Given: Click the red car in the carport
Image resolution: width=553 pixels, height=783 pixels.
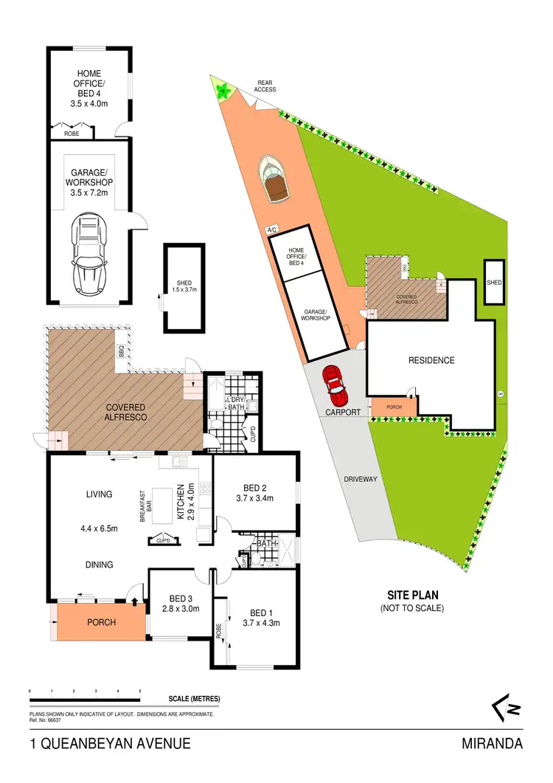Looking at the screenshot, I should (x=334, y=382).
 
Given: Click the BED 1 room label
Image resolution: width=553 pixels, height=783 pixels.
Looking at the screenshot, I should (x=258, y=613).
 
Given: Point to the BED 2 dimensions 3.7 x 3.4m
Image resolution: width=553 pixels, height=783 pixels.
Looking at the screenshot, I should (x=254, y=498).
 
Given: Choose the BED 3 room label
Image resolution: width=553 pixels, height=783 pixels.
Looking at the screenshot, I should (x=175, y=598).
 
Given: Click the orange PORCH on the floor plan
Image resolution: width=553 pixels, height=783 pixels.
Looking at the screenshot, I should (x=101, y=621).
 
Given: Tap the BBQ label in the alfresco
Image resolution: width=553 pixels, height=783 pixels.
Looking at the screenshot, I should (x=121, y=353).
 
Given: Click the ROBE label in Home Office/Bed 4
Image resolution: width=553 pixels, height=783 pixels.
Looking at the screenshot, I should (x=72, y=134).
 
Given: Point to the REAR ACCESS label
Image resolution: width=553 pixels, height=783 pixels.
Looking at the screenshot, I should (x=265, y=86).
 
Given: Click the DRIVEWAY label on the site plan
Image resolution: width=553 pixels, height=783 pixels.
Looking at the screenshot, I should (x=361, y=479).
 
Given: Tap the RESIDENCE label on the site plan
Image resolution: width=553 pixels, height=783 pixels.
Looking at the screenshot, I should (x=431, y=361).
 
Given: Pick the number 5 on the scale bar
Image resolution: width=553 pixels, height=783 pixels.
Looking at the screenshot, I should (x=140, y=691).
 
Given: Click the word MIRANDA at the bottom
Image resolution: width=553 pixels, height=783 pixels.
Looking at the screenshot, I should (x=493, y=744).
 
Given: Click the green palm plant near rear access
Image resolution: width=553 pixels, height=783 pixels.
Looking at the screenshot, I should (x=221, y=91).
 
